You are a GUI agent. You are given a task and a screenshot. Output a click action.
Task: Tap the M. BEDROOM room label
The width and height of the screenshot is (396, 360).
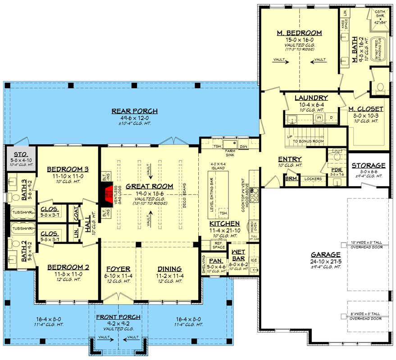(300, 33)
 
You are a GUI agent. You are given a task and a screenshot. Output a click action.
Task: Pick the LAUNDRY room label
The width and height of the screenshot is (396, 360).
(311, 98)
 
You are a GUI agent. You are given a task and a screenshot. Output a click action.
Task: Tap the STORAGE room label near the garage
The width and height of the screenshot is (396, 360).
(369, 166)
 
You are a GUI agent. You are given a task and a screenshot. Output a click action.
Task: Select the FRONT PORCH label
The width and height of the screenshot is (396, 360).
(118, 317)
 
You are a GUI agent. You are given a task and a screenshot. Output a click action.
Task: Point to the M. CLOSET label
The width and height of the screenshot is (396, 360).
(366, 109)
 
